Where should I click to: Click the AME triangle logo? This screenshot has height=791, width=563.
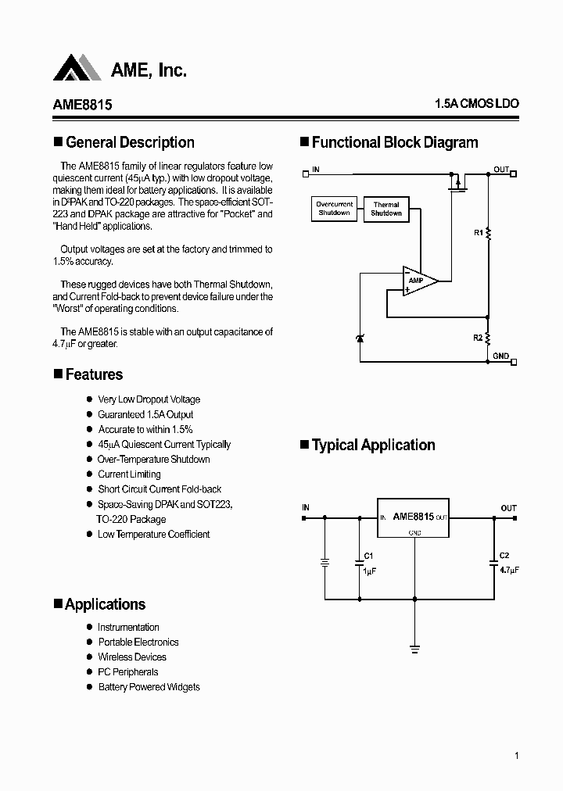point(76,68)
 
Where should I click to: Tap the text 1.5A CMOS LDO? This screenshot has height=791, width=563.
point(476,104)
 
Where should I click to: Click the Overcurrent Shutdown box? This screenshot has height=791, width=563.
point(335,209)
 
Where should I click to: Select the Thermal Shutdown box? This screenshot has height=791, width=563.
point(386,209)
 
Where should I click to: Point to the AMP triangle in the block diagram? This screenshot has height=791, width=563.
point(418,281)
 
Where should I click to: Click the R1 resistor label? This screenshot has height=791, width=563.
point(479,232)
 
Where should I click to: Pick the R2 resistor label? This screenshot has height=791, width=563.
point(478,338)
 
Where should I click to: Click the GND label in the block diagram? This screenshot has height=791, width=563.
point(501,356)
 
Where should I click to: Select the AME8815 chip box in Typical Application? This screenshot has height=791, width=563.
point(414,518)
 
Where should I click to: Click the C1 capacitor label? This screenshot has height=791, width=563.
point(368,556)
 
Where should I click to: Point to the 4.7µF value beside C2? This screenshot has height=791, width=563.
point(509,570)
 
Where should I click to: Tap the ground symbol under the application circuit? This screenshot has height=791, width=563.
point(414,648)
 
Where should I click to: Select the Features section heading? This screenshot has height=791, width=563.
point(94,374)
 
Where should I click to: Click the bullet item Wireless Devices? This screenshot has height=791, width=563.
point(131,657)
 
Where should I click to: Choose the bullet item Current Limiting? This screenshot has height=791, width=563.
point(129,474)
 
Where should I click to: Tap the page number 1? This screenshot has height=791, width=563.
point(517,755)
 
